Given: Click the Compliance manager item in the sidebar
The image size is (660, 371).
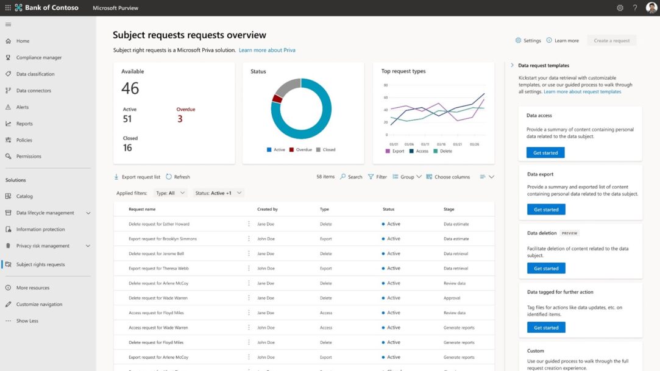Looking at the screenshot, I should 38,58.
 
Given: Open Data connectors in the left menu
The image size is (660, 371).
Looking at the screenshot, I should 34,91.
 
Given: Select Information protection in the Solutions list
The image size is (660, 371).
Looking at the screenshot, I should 41,230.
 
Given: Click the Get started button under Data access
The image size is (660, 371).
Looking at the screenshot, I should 545,153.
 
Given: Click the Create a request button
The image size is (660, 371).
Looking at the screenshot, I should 611,41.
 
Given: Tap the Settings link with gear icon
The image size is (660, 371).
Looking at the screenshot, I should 528,41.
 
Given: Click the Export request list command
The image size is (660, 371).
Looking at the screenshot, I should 137,177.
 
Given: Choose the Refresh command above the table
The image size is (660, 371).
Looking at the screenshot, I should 178,177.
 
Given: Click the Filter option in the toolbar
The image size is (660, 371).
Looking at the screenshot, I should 377,177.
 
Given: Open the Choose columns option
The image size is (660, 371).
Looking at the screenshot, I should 448,177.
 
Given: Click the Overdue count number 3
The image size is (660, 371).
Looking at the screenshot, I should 180,119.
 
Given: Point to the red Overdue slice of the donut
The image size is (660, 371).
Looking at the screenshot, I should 277,98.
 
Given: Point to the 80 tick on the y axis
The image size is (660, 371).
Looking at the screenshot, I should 385,85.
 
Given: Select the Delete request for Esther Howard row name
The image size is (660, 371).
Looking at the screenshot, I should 158,224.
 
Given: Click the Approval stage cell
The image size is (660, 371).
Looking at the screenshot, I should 452,298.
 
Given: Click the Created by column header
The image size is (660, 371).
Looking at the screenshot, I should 268,209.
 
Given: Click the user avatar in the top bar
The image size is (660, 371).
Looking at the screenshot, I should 651,8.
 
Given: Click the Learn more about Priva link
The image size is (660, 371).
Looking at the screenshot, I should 267,50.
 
